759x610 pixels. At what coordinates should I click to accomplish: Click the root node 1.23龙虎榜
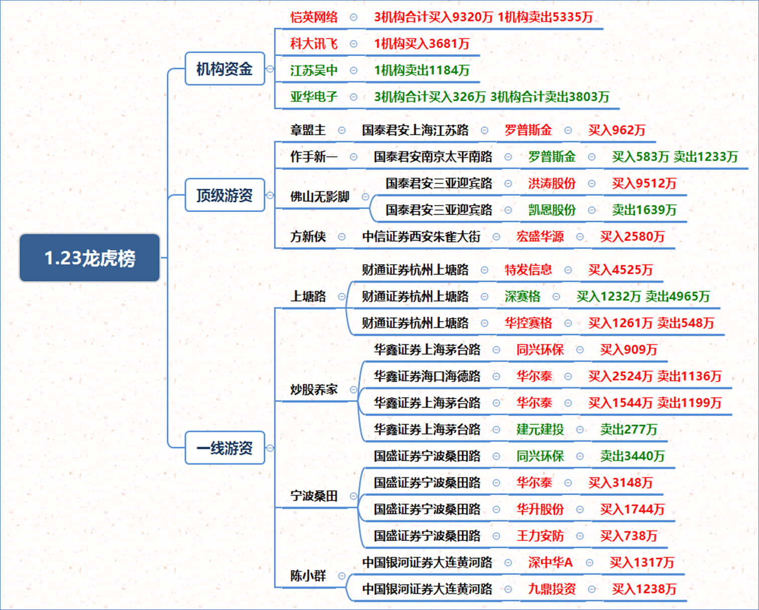click(x=90, y=258)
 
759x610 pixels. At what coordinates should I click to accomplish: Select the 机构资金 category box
click(x=225, y=68)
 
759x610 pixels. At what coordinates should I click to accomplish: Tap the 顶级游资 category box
click(x=225, y=195)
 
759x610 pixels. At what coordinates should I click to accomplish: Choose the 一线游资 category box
click(x=225, y=448)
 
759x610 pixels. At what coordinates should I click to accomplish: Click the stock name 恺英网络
click(x=314, y=17)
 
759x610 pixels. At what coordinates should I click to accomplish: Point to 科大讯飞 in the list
click(x=314, y=44)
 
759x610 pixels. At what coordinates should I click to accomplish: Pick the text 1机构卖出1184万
click(x=422, y=70)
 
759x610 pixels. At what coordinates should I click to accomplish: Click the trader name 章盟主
click(x=308, y=130)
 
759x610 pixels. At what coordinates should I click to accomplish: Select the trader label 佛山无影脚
click(x=320, y=197)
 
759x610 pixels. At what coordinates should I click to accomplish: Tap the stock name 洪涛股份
click(x=552, y=183)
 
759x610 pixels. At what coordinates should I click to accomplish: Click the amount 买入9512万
click(x=644, y=183)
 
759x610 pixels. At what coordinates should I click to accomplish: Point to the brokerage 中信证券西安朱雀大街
click(x=422, y=237)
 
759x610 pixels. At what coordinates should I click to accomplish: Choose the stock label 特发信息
click(x=528, y=270)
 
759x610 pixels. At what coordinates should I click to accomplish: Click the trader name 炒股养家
click(x=314, y=389)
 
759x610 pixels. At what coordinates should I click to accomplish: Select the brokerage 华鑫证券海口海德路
click(x=428, y=376)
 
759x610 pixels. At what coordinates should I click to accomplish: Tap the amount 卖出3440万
click(x=632, y=456)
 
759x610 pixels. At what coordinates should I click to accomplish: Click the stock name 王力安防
click(x=540, y=536)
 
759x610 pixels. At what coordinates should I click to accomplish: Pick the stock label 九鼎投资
click(x=552, y=589)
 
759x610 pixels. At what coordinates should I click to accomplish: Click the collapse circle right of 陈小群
click(x=342, y=576)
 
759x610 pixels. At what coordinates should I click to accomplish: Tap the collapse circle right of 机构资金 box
click(x=270, y=69)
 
